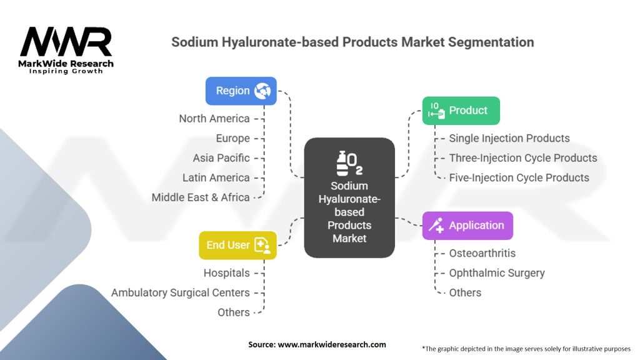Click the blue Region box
(241, 91)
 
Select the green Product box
(461, 111)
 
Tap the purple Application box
(467, 226)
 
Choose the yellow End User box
(237, 245)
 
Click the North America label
(214, 119)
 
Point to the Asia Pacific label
(221, 158)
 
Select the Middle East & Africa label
(200, 197)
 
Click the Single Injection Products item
(509, 138)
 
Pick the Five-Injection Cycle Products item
(519, 177)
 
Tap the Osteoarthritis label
(482, 253)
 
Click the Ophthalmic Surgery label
(496, 273)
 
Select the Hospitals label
(226, 273)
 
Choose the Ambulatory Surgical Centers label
(180, 292)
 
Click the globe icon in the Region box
(262, 91)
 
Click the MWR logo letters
(66, 42)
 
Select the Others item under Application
(465, 292)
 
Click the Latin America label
(216, 178)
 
